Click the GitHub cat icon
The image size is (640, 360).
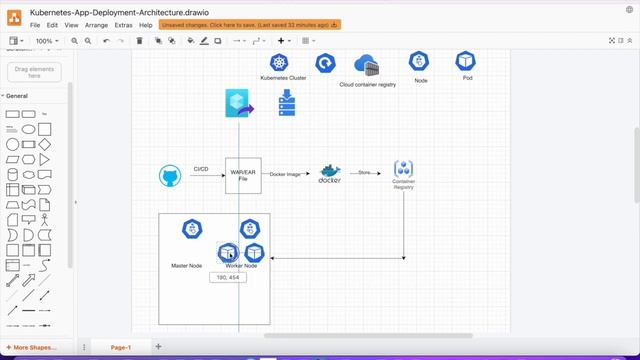pos(170,176)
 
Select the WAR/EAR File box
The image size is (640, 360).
pos(243,175)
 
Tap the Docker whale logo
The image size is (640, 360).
pos(330,174)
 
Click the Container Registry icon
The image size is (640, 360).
pos(404,168)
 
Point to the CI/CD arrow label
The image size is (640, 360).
pos(201,169)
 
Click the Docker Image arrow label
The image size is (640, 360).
pos(285,174)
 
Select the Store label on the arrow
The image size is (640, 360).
pos(365,173)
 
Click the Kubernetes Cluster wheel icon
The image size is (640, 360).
pos(279,63)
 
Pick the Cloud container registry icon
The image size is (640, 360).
pos(367,66)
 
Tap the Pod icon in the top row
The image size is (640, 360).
pos(466,62)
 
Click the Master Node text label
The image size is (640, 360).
pos(188,266)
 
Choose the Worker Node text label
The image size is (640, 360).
pos(241,266)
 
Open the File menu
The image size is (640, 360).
pos(35,24)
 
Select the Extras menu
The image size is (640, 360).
pos(123,24)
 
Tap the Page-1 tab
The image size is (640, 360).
pos(121,347)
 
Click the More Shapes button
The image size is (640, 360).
pos(35,347)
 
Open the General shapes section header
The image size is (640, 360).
pos(17,96)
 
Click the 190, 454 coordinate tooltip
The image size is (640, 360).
pos(228,277)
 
